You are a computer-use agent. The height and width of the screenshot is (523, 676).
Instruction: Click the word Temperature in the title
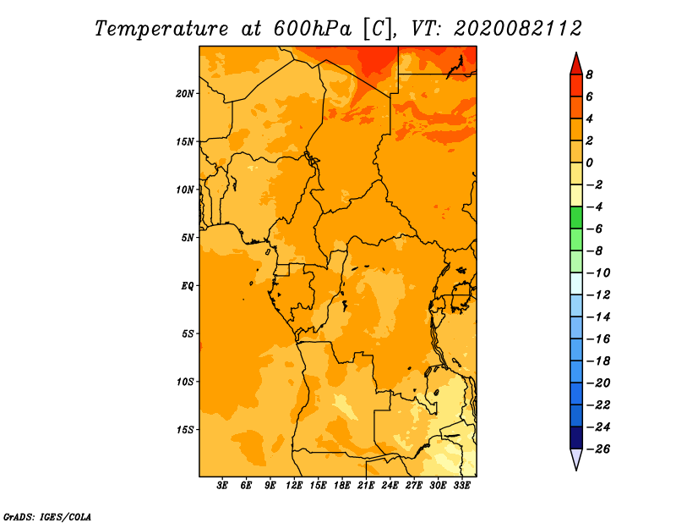(x=161, y=30)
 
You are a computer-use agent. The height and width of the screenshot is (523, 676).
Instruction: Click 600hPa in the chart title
(x=313, y=29)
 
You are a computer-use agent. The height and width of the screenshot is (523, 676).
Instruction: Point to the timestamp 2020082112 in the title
(x=518, y=29)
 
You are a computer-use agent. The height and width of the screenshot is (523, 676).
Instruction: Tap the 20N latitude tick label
(x=184, y=94)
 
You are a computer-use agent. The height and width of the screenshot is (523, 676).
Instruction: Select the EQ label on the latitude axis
(x=187, y=286)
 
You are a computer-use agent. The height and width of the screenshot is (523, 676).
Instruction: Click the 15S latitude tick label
(x=184, y=430)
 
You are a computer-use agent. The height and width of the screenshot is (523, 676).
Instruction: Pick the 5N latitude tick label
(x=187, y=238)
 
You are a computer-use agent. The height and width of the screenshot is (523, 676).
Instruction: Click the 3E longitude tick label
(x=222, y=485)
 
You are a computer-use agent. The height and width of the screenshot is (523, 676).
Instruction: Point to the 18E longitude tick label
(x=341, y=485)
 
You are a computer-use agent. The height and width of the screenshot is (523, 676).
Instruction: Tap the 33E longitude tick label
(x=461, y=485)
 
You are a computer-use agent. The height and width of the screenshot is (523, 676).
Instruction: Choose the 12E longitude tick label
(x=293, y=485)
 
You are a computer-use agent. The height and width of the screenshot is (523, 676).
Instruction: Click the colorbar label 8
(x=589, y=74)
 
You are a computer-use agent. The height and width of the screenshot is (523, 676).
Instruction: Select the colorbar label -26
(x=598, y=449)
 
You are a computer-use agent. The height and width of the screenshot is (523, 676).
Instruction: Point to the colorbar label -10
(x=598, y=273)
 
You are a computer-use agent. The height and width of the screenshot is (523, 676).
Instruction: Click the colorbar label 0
(x=589, y=162)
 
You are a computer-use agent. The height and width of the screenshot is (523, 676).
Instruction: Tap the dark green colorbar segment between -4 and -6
(x=576, y=217)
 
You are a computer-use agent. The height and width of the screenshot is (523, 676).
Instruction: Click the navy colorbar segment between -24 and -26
(x=576, y=438)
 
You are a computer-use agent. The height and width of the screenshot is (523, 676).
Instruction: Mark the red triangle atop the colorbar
(x=576, y=65)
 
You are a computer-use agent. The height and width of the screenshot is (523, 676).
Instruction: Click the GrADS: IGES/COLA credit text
(x=47, y=517)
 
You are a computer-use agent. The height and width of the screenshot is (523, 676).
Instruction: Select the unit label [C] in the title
(x=378, y=30)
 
